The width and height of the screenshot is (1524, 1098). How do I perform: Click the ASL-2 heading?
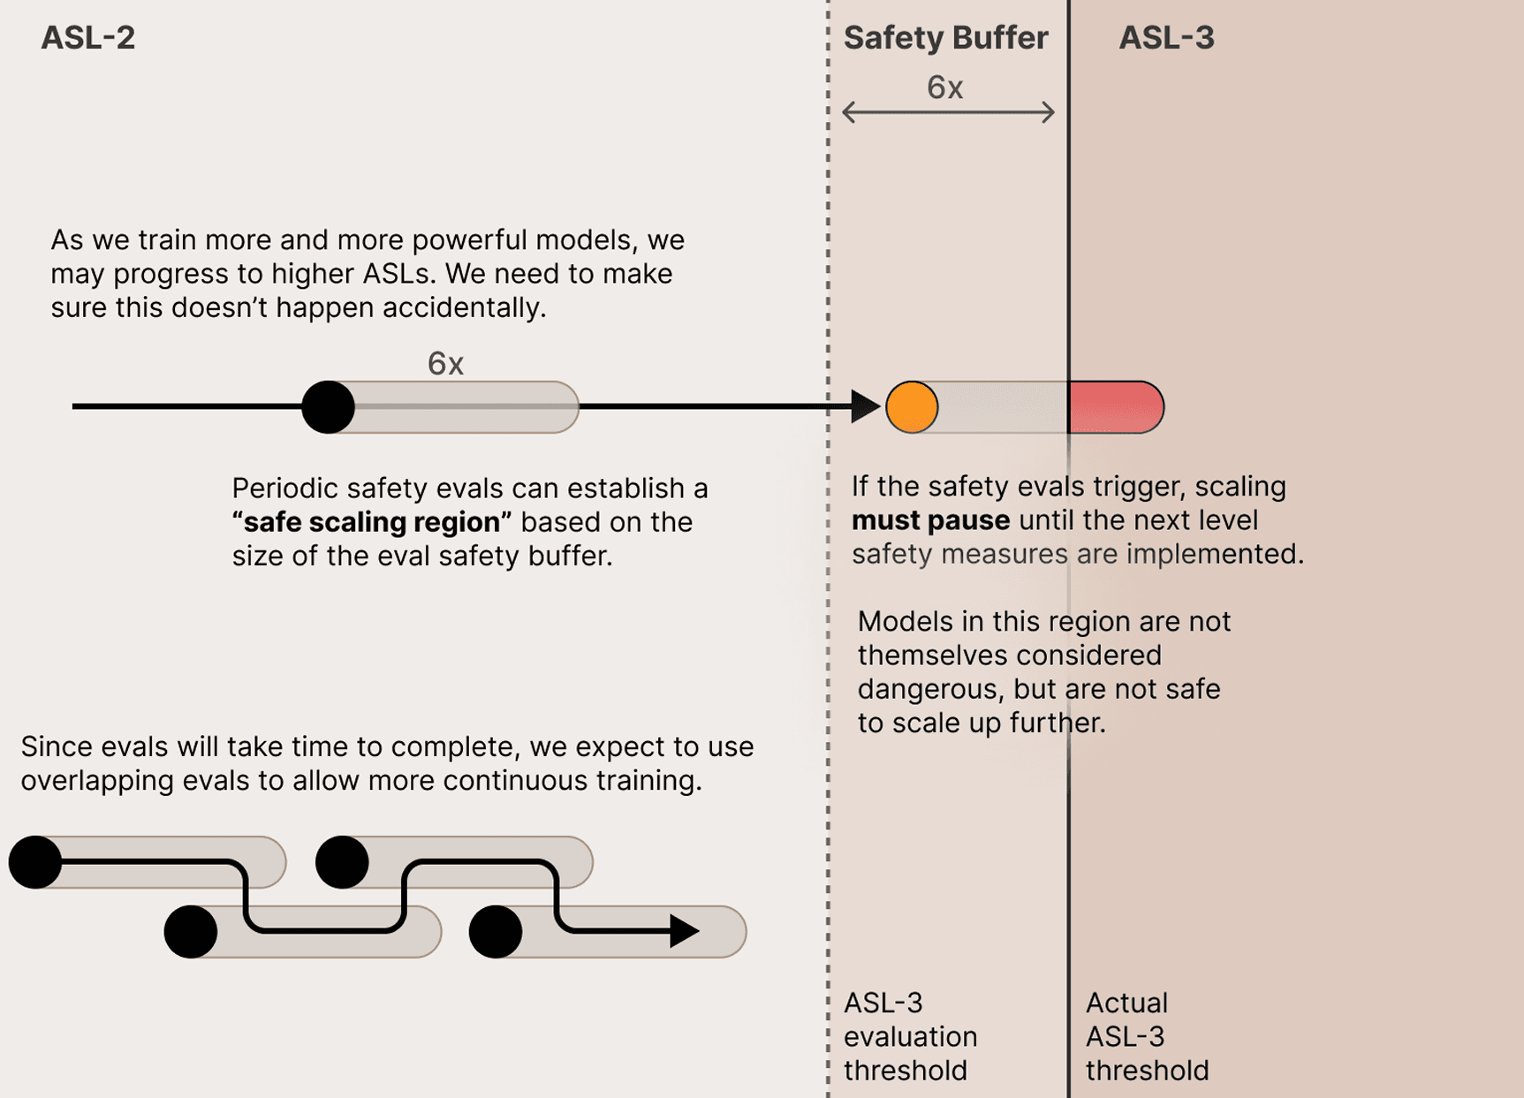87,38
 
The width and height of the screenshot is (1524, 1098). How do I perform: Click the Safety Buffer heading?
945,38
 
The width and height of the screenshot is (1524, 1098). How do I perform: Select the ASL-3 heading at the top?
1166,38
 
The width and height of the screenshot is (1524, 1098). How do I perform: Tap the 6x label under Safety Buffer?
944,87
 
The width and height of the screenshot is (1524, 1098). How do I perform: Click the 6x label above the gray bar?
445,363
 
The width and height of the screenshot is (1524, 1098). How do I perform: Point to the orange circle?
912,407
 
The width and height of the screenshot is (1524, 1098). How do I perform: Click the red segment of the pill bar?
1115,407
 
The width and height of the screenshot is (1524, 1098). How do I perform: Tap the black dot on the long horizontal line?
328,407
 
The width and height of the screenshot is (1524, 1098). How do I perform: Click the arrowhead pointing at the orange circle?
864,407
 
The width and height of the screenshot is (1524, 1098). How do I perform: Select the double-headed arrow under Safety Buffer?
948,112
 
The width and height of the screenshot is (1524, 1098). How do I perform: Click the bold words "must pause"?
929,520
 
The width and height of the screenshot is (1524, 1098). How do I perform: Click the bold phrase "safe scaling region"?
372,522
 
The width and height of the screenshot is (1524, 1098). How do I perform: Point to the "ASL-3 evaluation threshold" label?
910,1036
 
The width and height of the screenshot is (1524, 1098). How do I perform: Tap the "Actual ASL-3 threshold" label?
1146,1036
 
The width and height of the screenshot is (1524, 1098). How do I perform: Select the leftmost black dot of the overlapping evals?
35,862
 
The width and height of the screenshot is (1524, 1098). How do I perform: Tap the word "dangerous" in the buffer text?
928,689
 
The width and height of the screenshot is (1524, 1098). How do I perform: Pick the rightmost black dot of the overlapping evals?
496,931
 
